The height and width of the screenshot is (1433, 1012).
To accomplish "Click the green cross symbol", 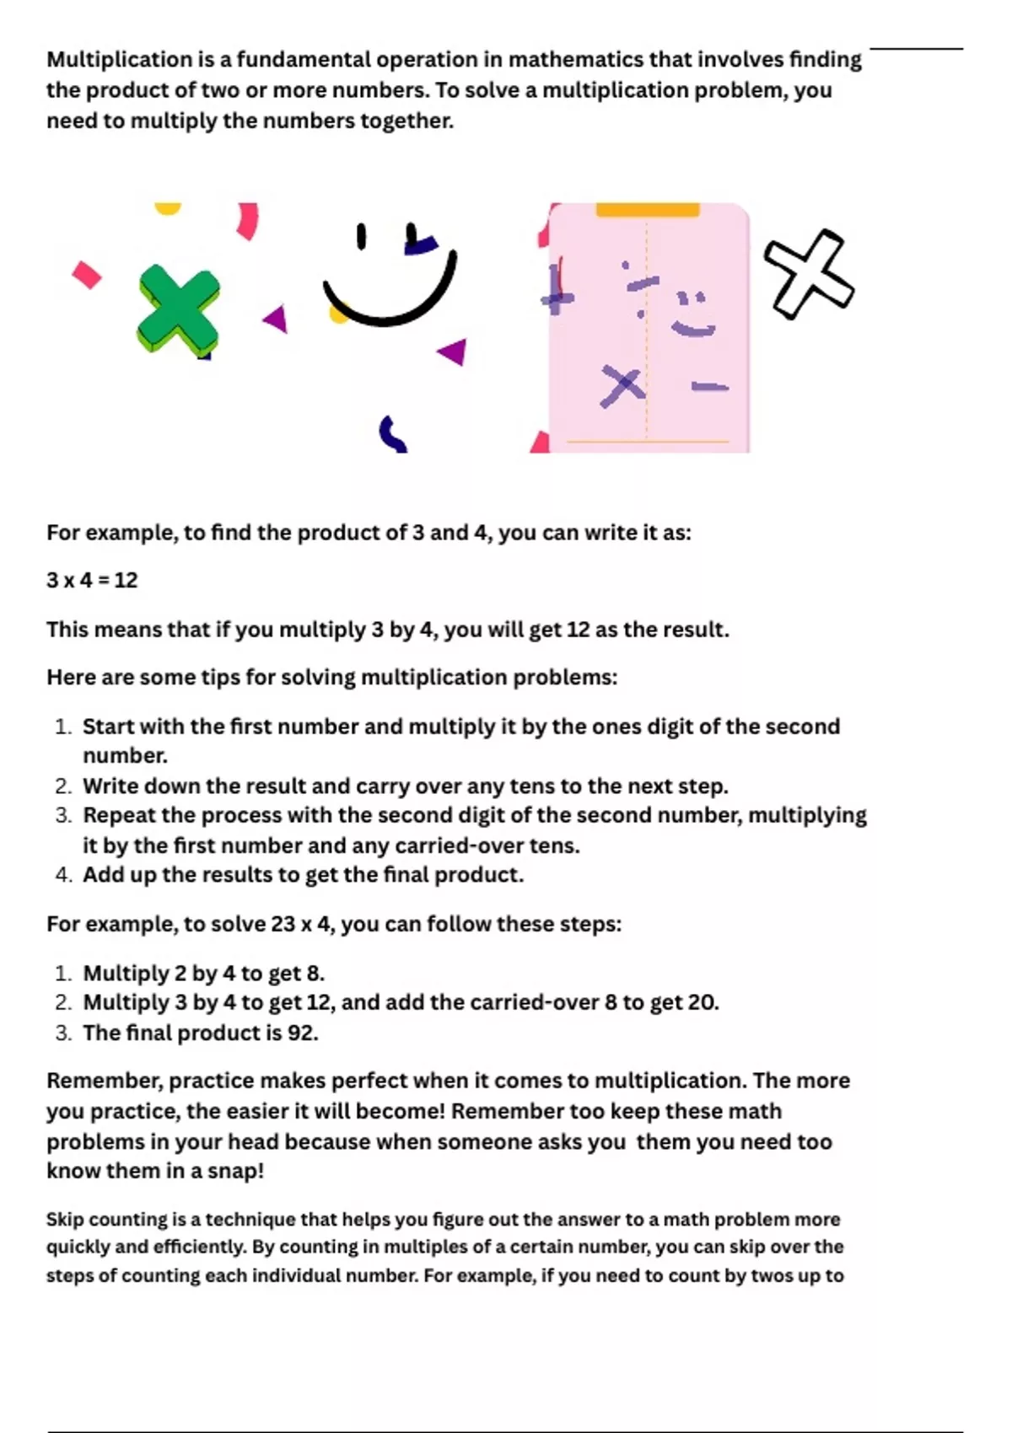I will (179, 309).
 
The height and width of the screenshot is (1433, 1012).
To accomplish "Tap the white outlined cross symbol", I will (808, 275).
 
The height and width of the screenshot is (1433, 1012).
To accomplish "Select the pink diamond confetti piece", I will (86, 275).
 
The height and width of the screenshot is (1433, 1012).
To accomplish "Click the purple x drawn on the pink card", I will (622, 386).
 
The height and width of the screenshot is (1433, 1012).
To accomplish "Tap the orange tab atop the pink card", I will (648, 209).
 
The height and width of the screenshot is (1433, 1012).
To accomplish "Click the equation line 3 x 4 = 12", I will (92, 580).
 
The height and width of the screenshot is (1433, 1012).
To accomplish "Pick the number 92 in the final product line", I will (300, 1033).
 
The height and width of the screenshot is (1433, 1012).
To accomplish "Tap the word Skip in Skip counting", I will (65, 1220).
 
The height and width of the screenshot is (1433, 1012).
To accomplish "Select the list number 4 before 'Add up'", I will (63, 875).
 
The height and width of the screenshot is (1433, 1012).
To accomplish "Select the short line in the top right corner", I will (916, 49).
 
